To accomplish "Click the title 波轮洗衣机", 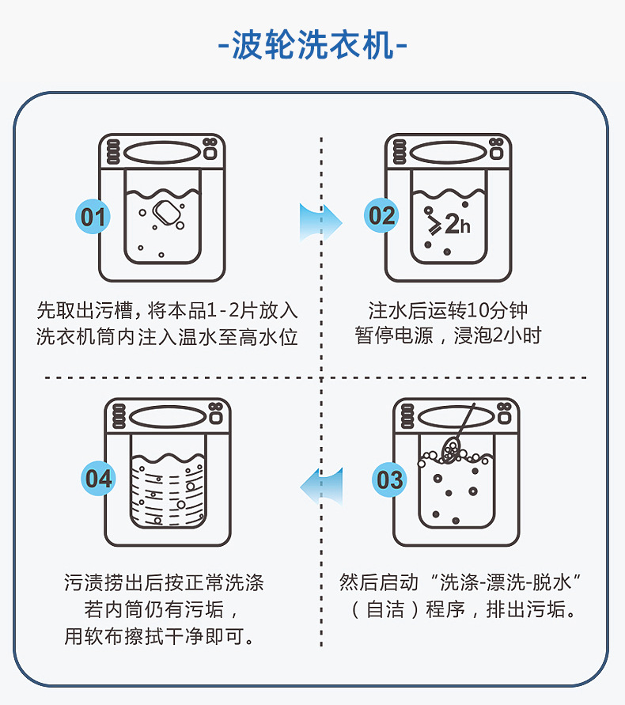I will pyautogui.click(x=312, y=46).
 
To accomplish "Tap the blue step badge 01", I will pyautogui.click(x=93, y=216).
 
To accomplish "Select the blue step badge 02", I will pyautogui.click(x=382, y=215).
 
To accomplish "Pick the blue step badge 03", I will pyautogui.click(x=390, y=479).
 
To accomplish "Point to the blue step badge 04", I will pyautogui.click(x=100, y=479).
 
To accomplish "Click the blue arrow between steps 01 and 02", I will pyautogui.click(x=319, y=222).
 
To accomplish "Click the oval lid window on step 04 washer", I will pyautogui.click(x=168, y=416).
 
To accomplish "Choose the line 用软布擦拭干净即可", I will pyautogui.click(x=164, y=635).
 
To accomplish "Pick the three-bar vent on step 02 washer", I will pyautogui.click(x=400, y=151).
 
